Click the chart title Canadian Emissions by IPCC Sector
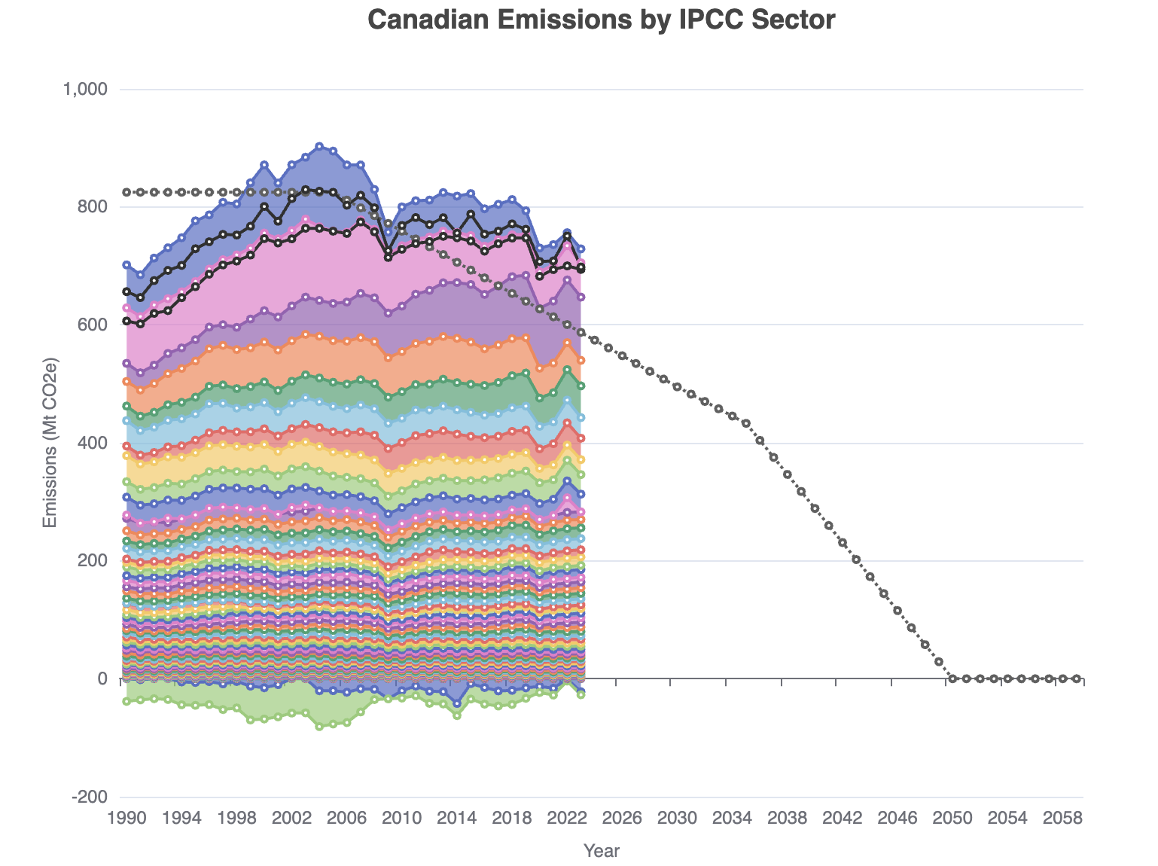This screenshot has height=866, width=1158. [602, 20]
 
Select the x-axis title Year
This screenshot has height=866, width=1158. [602, 851]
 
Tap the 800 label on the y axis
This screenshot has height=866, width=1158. [93, 207]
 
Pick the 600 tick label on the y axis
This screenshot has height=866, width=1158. [93, 325]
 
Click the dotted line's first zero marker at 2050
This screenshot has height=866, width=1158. [952, 678]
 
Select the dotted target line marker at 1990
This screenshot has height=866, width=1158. [126, 192]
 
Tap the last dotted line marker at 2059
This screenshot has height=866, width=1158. [1076, 678]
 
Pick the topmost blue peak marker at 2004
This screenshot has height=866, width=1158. [319, 146]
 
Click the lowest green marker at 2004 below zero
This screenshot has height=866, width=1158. [319, 727]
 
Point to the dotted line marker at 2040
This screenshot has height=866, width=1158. [815, 508]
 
